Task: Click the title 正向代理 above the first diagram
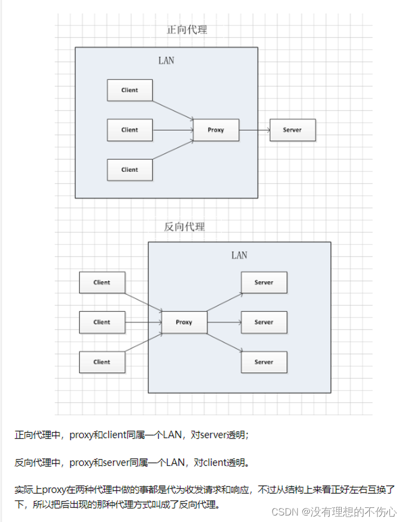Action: click(187, 30)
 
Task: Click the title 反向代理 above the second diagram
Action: click(184, 227)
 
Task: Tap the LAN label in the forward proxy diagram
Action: click(166, 61)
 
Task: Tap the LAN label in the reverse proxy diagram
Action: click(239, 255)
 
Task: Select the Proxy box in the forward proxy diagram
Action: click(216, 130)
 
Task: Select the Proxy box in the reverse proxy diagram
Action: click(184, 322)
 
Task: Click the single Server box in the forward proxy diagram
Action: click(293, 130)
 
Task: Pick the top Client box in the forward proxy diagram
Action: click(130, 90)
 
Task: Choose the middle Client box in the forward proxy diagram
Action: click(130, 130)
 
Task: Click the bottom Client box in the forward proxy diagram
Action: click(130, 169)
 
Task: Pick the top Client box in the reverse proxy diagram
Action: click(102, 282)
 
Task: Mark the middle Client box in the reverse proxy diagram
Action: click(102, 322)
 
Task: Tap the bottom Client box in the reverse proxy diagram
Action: click(102, 362)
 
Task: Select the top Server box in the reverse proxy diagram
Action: click(264, 282)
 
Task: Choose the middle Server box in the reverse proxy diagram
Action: click(264, 322)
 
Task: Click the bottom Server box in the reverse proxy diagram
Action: click(264, 362)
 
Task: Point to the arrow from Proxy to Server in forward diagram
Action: click(255, 130)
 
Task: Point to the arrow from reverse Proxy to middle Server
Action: click(224, 322)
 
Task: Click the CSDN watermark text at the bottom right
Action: click(334, 512)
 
